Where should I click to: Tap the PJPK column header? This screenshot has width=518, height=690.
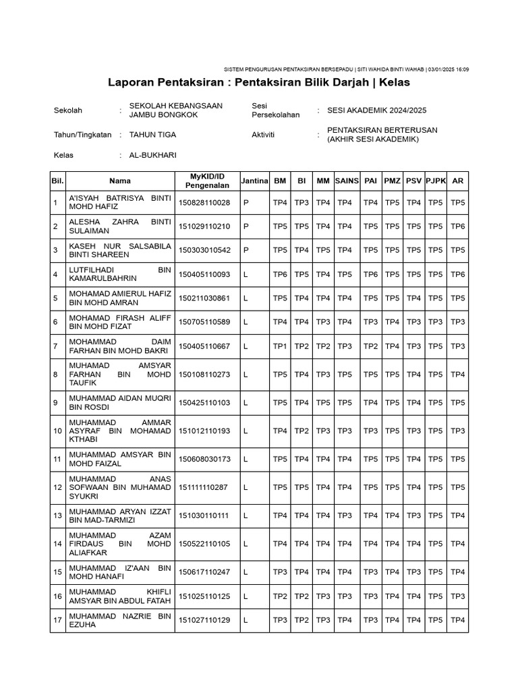tap(436, 181)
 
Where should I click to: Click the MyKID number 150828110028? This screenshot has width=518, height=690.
tap(204, 203)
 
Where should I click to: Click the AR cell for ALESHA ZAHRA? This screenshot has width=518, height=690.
tap(458, 226)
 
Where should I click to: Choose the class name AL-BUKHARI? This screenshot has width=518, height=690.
tap(152, 155)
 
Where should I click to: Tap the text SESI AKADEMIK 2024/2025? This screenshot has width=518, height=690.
tap(376, 111)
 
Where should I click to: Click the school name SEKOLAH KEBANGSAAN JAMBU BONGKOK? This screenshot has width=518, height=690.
tap(175, 111)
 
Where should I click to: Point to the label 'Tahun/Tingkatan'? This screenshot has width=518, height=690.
tap(82, 135)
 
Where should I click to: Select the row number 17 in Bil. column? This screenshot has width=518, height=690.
tap(57, 620)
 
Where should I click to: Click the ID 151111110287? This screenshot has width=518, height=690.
tap(204, 487)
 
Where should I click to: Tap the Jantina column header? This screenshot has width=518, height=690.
tap(255, 181)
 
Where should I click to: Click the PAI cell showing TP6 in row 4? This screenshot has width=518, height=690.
tap(370, 274)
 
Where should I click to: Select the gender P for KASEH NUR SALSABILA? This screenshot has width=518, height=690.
tap(246, 250)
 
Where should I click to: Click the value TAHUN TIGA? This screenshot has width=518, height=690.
tap(152, 135)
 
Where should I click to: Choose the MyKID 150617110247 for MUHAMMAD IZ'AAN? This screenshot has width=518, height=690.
tap(204, 572)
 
